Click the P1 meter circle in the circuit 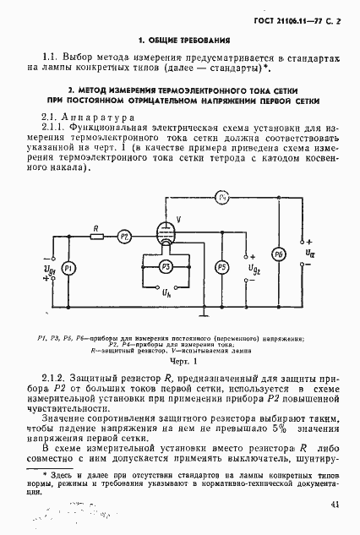click(x=71, y=267)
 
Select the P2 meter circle click(x=124, y=237)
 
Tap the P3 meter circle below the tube click(x=166, y=267)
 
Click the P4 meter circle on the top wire click(x=223, y=196)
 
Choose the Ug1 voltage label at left click(x=50, y=269)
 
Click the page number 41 click(x=335, y=505)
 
